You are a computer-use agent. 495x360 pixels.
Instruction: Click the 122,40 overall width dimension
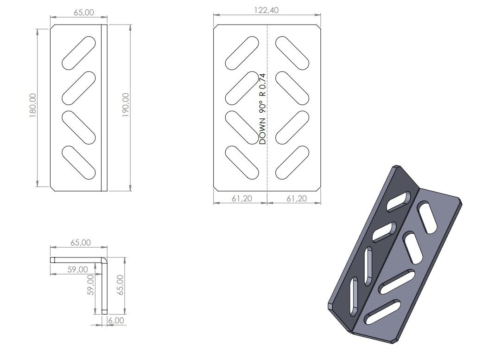click(267, 10)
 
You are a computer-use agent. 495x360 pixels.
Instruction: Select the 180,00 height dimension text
click(33, 106)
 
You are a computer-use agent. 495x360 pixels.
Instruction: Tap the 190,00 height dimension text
click(126, 105)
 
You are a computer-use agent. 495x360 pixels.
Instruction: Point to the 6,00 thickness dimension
click(116, 321)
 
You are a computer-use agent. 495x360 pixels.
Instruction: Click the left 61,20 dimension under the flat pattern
click(242, 199)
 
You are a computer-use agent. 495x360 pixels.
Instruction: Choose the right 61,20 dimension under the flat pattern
click(297, 199)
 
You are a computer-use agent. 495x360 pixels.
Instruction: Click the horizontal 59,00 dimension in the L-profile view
click(78, 270)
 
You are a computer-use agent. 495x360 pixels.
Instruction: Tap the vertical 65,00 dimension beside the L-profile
click(121, 285)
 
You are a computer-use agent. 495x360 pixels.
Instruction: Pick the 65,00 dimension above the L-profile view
click(81, 243)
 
